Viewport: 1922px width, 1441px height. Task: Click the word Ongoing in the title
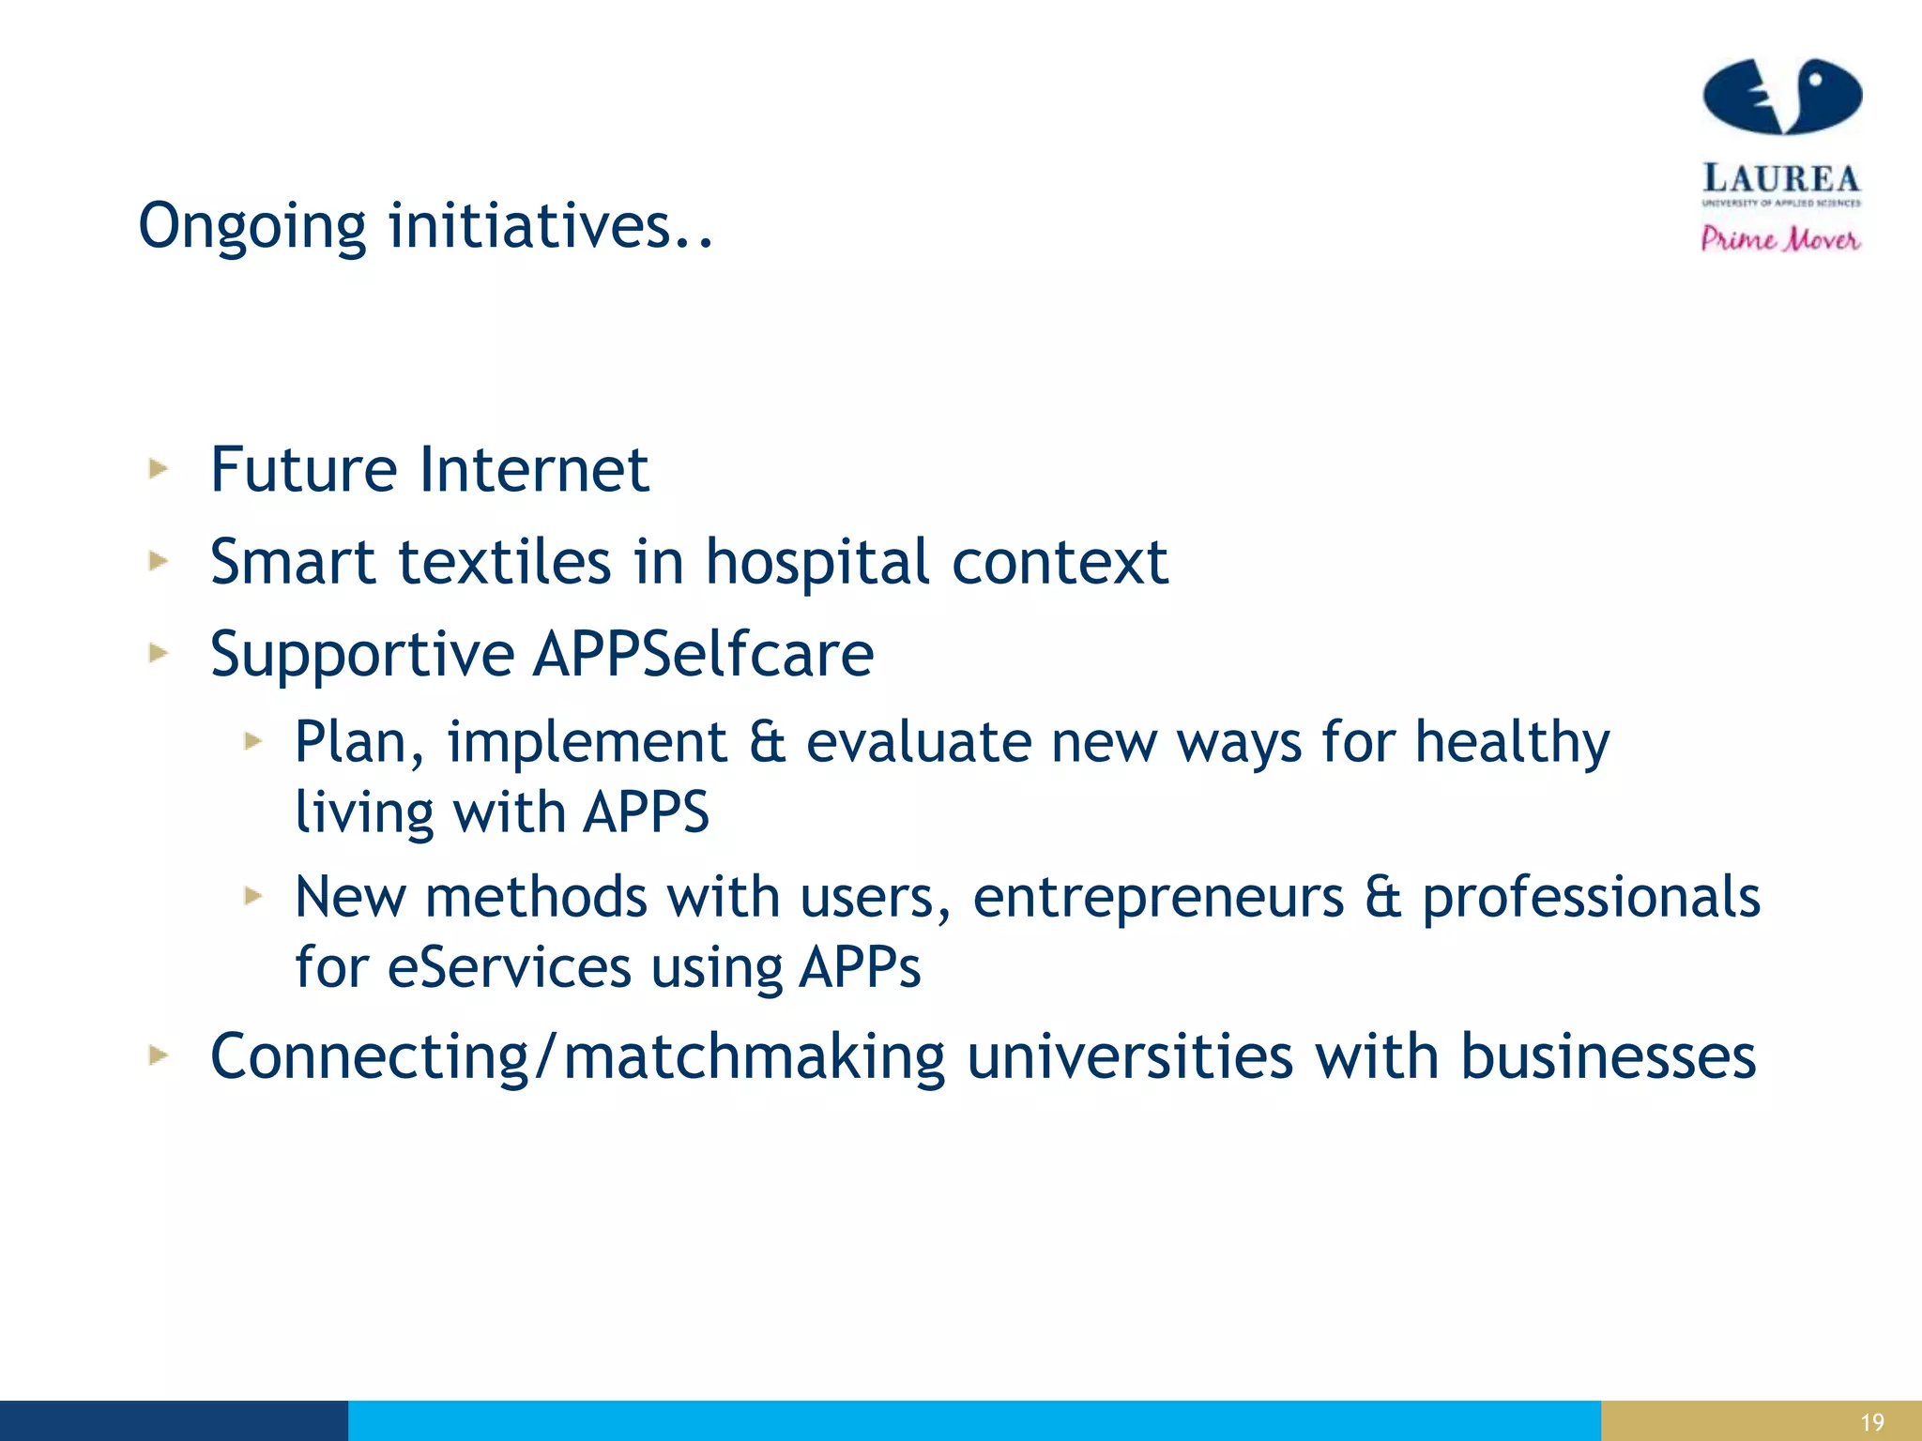pyautogui.click(x=252, y=227)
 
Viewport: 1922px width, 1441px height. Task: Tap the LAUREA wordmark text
pyautogui.click(x=1780, y=178)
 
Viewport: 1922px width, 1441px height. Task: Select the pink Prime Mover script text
pyautogui.click(x=1780, y=238)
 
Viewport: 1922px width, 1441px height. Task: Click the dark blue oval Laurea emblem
pyautogui.click(x=1781, y=97)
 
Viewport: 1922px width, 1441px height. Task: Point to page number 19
pyautogui.click(x=1871, y=1422)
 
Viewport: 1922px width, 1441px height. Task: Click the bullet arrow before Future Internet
pyautogui.click(x=159, y=468)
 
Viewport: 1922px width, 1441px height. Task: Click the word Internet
pyautogui.click(x=533, y=469)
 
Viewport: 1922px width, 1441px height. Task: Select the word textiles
pyautogui.click(x=505, y=562)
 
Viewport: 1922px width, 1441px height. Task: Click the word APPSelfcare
pyautogui.click(x=704, y=654)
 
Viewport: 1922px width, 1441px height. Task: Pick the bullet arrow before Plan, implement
pyautogui.click(x=252, y=741)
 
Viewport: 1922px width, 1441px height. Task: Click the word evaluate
pyautogui.click(x=919, y=742)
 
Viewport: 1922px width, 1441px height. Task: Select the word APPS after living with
pyautogui.click(x=646, y=812)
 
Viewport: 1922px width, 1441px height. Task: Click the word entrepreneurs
pyautogui.click(x=1158, y=898)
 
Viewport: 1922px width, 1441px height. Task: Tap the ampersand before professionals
pyautogui.click(x=1382, y=897)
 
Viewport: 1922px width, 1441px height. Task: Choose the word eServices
pyautogui.click(x=509, y=967)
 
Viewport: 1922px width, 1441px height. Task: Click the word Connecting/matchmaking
pyautogui.click(x=576, y=1057)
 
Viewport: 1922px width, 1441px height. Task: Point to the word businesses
pyautogui.click(x=1608, y=1057)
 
